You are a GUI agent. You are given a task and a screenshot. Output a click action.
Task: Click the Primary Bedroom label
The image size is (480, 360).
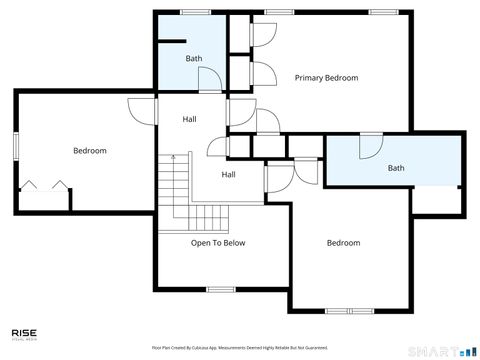click(326, 77)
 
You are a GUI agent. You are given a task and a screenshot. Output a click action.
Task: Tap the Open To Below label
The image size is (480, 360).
click(218, 242)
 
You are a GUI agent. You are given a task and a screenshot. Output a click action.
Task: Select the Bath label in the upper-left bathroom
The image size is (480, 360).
click(193, 58)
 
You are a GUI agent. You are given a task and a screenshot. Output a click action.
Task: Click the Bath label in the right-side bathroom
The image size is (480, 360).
click(396, 168)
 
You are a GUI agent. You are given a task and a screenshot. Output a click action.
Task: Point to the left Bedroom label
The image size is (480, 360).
click(89, 151)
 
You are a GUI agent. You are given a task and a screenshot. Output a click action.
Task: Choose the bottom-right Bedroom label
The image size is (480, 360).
click(343, 242)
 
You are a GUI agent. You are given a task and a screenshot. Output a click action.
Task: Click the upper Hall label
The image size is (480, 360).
click(189, 120)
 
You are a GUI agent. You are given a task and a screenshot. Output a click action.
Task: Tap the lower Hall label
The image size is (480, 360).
click(228, 175)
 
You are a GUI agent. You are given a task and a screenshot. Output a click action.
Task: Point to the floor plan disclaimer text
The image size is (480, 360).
click(240, 347)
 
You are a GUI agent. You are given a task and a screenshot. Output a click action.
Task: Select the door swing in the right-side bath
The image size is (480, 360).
click(369, 146)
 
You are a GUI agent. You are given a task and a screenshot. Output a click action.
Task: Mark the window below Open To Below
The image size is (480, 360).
click(220, 289)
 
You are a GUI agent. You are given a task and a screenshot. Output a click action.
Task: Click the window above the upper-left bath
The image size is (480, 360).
click(194, 12)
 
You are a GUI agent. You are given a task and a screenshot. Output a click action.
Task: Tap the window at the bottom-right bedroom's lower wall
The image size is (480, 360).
click(343, 311)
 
